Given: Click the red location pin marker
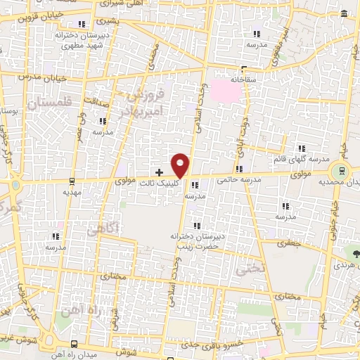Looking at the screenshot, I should [181, 165].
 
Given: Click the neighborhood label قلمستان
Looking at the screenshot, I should [51, 104].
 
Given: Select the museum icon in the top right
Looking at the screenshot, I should [344, 15].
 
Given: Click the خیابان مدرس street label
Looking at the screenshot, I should [35, 74].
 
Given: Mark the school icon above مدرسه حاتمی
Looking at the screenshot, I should [240, 169].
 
